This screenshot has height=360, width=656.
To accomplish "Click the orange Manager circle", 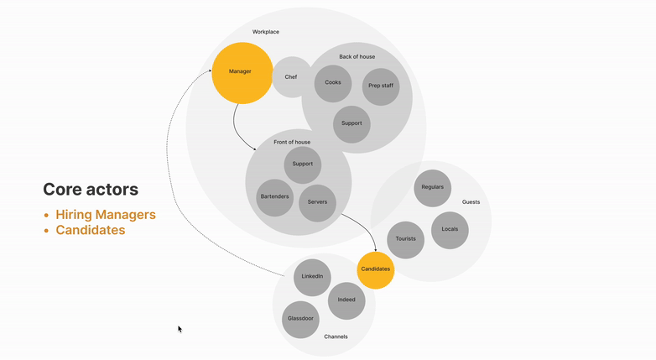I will click(242, 72).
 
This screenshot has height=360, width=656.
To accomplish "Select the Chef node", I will click(291, 77).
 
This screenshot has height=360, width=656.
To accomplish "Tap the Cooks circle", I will click(333, 83).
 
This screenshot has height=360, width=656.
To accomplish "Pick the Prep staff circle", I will click(381, 86).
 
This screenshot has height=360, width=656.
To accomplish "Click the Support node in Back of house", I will click(351, 123).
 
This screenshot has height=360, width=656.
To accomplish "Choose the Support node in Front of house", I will click(303, 164).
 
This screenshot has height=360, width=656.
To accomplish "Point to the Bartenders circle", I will click(274, 197).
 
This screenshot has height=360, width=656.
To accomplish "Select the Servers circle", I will click(317, 203).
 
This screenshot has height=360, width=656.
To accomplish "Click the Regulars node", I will click(433, 188).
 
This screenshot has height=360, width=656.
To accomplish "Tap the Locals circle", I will click(450, 229).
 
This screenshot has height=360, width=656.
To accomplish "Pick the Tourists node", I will click(406, 240).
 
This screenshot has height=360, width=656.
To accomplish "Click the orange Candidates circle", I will click(375, 269).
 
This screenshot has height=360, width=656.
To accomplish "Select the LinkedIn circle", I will click(312, 277).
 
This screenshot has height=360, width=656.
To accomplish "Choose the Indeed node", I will click(346, 300).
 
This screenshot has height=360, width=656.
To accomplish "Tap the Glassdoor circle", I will click(300, 320).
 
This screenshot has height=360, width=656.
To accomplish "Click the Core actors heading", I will click(91, 190).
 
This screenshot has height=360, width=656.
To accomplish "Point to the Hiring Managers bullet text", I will click(106, 215).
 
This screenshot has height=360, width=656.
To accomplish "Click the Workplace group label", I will click(266, 32).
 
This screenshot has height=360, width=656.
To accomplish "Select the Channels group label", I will click(336, 337).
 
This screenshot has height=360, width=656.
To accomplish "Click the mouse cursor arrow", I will click(180, 329).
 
